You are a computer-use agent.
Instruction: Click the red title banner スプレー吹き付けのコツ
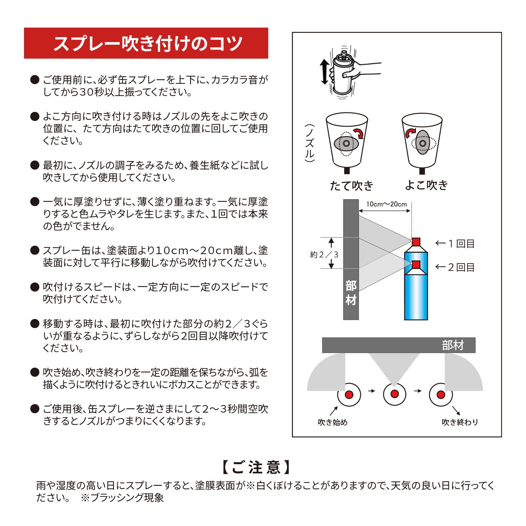146,43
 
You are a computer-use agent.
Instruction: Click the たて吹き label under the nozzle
351,186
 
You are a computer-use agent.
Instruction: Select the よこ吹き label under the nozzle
426,185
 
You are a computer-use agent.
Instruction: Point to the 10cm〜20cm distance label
387,204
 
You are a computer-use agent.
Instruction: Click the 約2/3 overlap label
324,255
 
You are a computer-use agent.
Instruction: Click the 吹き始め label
333,422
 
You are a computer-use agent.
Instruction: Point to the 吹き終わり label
460,422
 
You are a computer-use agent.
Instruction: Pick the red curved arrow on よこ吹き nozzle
410,133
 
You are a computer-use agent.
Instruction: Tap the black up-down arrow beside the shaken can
324,72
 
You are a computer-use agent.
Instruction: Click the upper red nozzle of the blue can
416,242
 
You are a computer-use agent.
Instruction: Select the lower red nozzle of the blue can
416,265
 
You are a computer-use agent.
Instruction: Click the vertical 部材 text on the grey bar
351,293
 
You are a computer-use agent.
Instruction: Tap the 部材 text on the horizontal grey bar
453,345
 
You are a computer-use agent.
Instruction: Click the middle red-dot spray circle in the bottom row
394,394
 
